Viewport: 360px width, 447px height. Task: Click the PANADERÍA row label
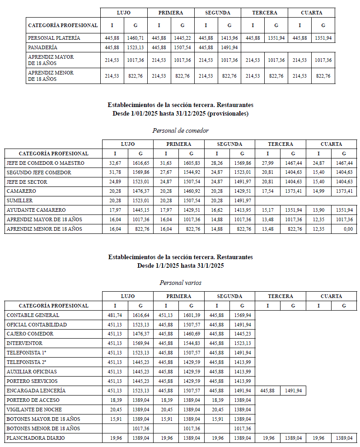(x=43, y=47)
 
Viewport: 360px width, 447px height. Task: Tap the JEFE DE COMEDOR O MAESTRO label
(x=45, y=163)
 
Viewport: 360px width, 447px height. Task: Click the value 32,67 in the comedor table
(x=115, y=163)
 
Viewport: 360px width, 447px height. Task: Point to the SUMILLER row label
(x=20, y=200)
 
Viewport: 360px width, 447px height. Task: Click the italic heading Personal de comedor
(x=180, y=130)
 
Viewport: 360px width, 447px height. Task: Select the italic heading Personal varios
(x=180, y=283)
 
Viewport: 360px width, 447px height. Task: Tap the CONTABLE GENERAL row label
(x=33, y=315)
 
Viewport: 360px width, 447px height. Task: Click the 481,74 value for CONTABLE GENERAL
(x=115, y=315)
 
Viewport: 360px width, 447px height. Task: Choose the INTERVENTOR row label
(x=25, y=343)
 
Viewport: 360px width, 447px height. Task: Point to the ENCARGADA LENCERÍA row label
(x=36, y=391)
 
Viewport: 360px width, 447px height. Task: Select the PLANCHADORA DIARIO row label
(x=36, y=438)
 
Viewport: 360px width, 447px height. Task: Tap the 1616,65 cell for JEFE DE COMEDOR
(x=140, y=163)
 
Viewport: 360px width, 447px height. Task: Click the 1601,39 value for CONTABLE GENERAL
(x=192, y=315)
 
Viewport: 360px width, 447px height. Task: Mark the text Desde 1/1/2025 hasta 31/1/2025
(x=180, y=266)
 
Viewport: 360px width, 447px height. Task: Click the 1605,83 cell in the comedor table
(x=192, y=163)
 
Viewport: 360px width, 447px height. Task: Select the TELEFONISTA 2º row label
(x=26, y=362)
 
